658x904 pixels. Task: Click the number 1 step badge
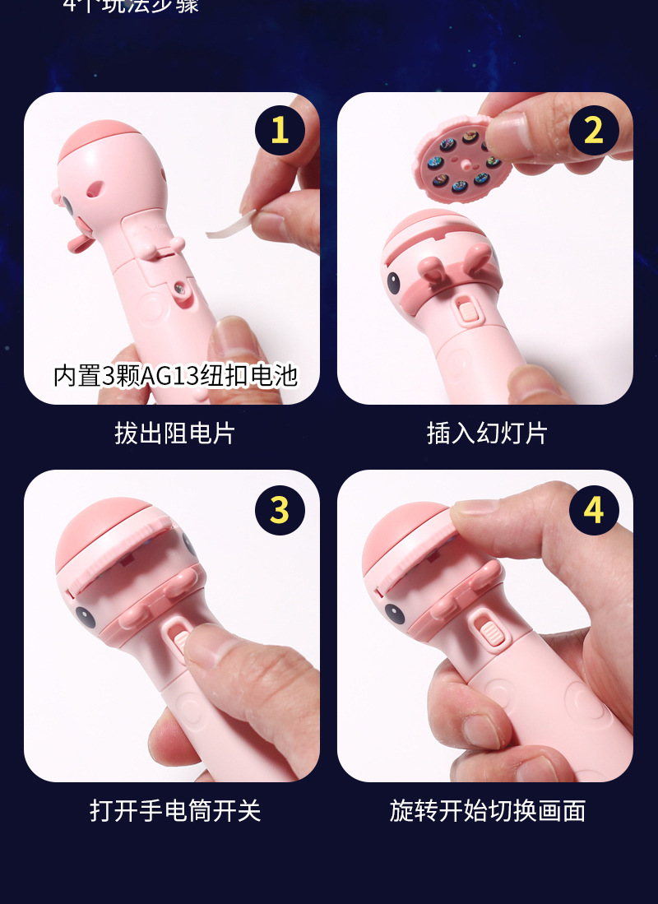280,131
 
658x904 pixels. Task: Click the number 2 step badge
594,131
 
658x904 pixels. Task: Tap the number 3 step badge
280,509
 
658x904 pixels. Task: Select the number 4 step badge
594,509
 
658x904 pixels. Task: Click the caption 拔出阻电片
174,433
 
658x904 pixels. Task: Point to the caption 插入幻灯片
487,433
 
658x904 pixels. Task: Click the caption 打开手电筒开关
174,811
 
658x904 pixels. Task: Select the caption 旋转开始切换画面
487,811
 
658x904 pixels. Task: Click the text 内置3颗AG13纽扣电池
174,375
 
